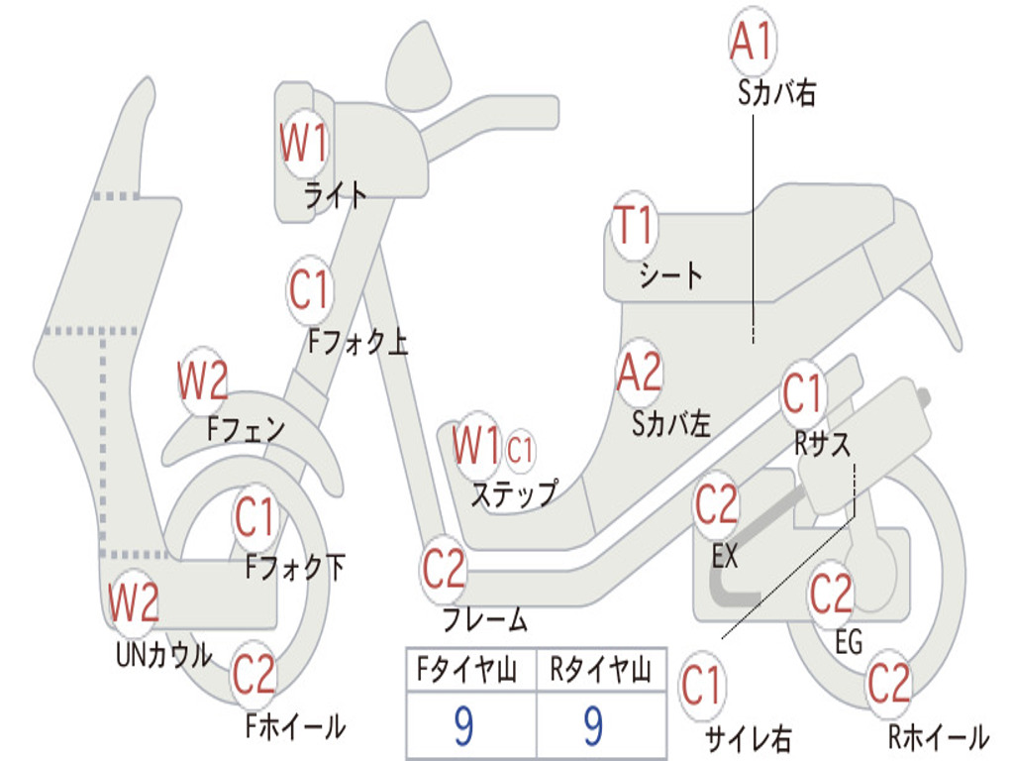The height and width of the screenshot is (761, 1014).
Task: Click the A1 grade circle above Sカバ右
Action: pos(751,41)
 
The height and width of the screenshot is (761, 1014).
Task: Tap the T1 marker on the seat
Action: pos(633,227)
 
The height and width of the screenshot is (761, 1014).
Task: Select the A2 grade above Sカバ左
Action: pos(639,373)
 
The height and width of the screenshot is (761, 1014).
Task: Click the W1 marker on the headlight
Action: pos(303,145)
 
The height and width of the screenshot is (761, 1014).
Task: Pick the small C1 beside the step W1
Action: pos(520,450)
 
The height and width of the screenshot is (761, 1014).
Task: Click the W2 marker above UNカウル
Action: pos(134,602)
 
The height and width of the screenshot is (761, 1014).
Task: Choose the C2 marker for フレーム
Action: pos(444,569)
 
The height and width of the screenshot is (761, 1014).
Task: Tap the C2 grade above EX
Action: pos(716,506)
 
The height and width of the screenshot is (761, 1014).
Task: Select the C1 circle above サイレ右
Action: pos(702,686)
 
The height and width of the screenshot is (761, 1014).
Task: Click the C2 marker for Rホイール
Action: pos(888,684)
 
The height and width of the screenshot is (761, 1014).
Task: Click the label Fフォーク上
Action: pos(357,343)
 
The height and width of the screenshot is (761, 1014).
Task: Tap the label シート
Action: pos(670,274)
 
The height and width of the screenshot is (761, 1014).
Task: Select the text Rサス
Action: pos(822,443)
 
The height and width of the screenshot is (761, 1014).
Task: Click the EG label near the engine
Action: pos(849,642)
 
